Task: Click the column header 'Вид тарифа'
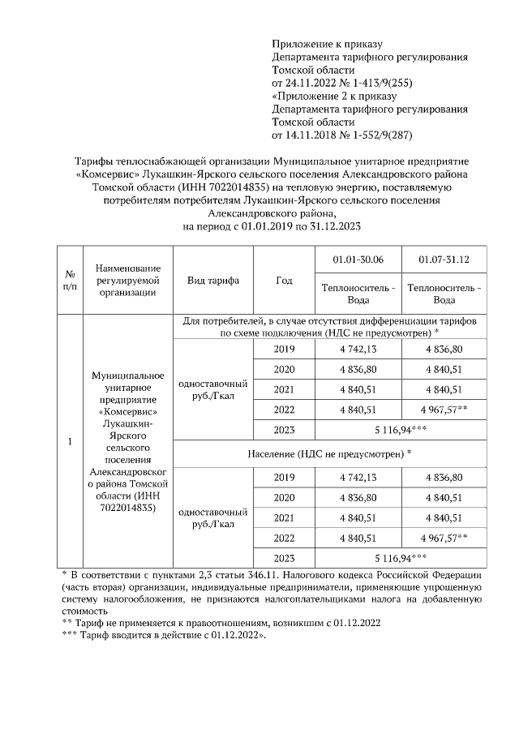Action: (x=213, y=281)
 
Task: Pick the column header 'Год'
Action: (x=284, y=281)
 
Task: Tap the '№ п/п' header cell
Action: (x=71, y=281)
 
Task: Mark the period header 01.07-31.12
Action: (x=444, y=259)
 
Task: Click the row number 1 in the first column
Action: (x=71, y=442)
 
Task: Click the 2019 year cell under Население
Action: (x=284, y=477)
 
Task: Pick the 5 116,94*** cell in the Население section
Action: (x=401, y=558)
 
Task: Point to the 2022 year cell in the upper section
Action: (x=284, y=409)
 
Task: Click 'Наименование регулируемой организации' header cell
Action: (x=127, y=281)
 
